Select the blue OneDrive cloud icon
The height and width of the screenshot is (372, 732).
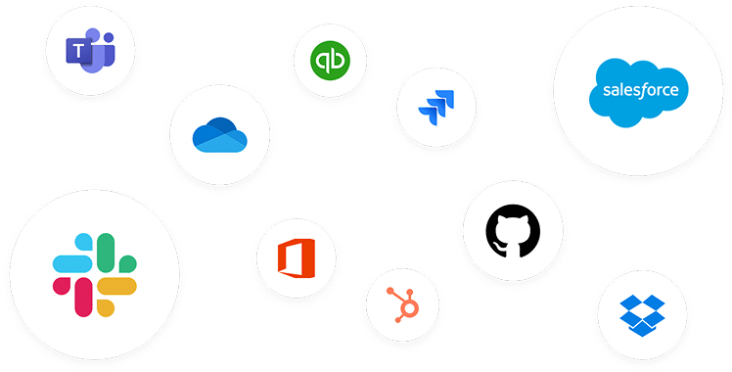click(219, 135)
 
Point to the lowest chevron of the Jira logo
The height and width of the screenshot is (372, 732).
click(428, 115)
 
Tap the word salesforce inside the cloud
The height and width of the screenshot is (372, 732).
click(639, 91)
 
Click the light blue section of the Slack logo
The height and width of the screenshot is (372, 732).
click(74, 261)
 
